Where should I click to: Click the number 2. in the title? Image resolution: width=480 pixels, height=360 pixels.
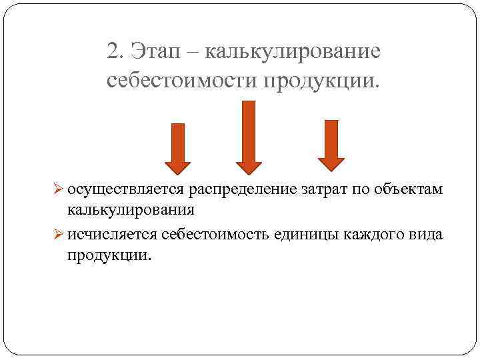(x=115, y=51)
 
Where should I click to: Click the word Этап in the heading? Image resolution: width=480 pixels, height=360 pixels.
(x=161, y=51)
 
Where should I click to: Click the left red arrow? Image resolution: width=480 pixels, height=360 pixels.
(x=177, y=147)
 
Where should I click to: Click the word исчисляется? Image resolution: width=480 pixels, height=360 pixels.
(x=112, y=236)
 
